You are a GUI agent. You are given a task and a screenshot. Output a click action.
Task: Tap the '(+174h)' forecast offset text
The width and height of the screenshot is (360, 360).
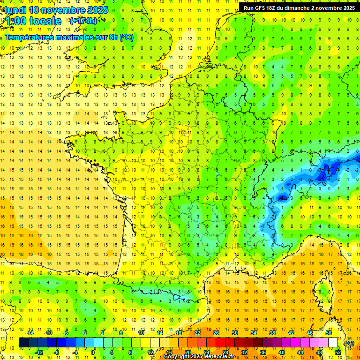click(x=83, y=21)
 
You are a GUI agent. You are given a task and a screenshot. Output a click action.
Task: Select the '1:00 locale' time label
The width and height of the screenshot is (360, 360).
click(x=33, y=21)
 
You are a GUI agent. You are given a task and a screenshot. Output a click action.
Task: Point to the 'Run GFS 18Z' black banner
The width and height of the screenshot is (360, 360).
click(x=299, y=7)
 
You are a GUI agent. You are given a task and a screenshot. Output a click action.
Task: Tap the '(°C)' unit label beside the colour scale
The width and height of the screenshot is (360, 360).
click(x=349, y=343)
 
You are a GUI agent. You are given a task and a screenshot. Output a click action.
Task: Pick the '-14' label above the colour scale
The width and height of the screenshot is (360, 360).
click(x=30, y=333)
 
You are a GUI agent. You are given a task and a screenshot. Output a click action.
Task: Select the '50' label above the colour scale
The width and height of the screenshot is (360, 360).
click(x=329, y=333)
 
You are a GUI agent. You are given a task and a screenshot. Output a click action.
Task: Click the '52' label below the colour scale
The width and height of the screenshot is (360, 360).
click(x=337, y=352)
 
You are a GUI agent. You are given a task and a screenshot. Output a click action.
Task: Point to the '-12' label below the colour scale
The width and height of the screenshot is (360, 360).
click(x=39, y=352)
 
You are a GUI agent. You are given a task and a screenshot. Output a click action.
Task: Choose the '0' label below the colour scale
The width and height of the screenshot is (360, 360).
click(x=93, y=352)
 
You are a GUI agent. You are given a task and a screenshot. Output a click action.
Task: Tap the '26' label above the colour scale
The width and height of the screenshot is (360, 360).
click(x=216, y=333)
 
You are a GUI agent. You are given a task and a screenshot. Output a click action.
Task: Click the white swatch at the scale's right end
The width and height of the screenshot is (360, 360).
click(x=333, y=343)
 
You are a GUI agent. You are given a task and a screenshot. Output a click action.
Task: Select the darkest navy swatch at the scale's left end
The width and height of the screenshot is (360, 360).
click(x=23, y=343)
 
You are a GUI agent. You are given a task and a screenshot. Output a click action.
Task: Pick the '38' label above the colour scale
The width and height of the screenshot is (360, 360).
click(x=272, y=333)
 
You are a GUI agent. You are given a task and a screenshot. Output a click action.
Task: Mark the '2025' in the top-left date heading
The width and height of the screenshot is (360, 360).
click(x=97, y=10)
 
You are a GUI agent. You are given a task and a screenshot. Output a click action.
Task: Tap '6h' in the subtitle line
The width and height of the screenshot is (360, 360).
click(x=114, y=37)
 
